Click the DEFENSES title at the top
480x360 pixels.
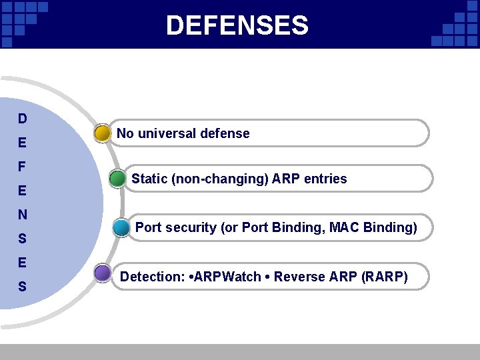(x=237, y=26)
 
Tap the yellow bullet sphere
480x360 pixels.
(x=103, y=133)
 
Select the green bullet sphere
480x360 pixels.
(x=118, y=179)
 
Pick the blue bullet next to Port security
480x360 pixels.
(x=121, y=228)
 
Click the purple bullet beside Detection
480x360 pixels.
(x=103, y=273)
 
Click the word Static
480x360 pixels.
(x=149, y=179)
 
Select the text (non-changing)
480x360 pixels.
(x=219, y=179)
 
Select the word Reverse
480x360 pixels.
(x=298, y=277)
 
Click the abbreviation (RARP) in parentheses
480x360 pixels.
(x=384, y=277)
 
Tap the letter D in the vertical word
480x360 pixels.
(x=23, y=119)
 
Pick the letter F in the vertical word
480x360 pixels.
(x=23, y=166)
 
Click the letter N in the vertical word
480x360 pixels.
(x=23, y=215)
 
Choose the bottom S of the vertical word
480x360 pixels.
(x=23, y=287)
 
